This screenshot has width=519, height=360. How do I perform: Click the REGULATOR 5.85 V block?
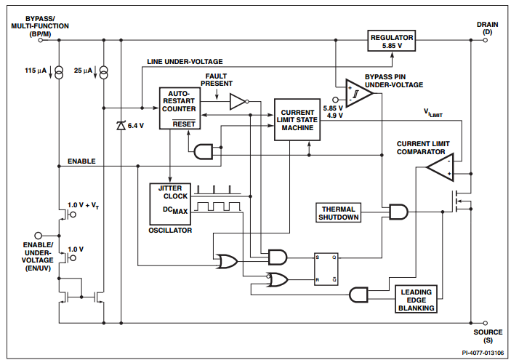[x=391, y=41]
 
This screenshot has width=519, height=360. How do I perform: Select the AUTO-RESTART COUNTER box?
[x=180, y=108]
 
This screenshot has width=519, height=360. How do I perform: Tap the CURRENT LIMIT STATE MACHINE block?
[x=297, y=119]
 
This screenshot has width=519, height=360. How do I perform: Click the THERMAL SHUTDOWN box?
[x=338, y=212]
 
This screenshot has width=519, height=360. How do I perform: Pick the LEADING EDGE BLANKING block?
[x=416, y=299]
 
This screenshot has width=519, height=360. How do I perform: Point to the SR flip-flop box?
[x=326, y=269]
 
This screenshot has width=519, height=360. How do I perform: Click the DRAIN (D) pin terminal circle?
[x=486, y=40]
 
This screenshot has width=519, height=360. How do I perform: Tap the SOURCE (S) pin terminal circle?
[x=486, y=323]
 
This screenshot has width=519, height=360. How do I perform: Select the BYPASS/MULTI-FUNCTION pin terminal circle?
[x=41, y=40]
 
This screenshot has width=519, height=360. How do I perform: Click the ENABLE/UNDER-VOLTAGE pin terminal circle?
[x=39, y=236]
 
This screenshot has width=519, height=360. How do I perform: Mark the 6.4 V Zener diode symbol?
[x=121, y=126]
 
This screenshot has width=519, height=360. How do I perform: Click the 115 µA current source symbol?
[x=59, y=73]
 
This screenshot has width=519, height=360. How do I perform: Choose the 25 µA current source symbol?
[x=104, y=73]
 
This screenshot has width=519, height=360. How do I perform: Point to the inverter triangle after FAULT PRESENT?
[x=239, y=101]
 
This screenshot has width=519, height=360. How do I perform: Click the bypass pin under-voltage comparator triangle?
[x=359, y=93]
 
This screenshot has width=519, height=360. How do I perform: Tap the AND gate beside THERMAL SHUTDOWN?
[x=398, y=212]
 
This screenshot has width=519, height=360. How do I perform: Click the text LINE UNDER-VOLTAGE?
[x=185, y=62]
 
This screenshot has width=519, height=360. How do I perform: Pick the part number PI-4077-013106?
[x=483, y=353]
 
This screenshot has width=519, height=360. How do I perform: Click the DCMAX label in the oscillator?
[x=175, y=210]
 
